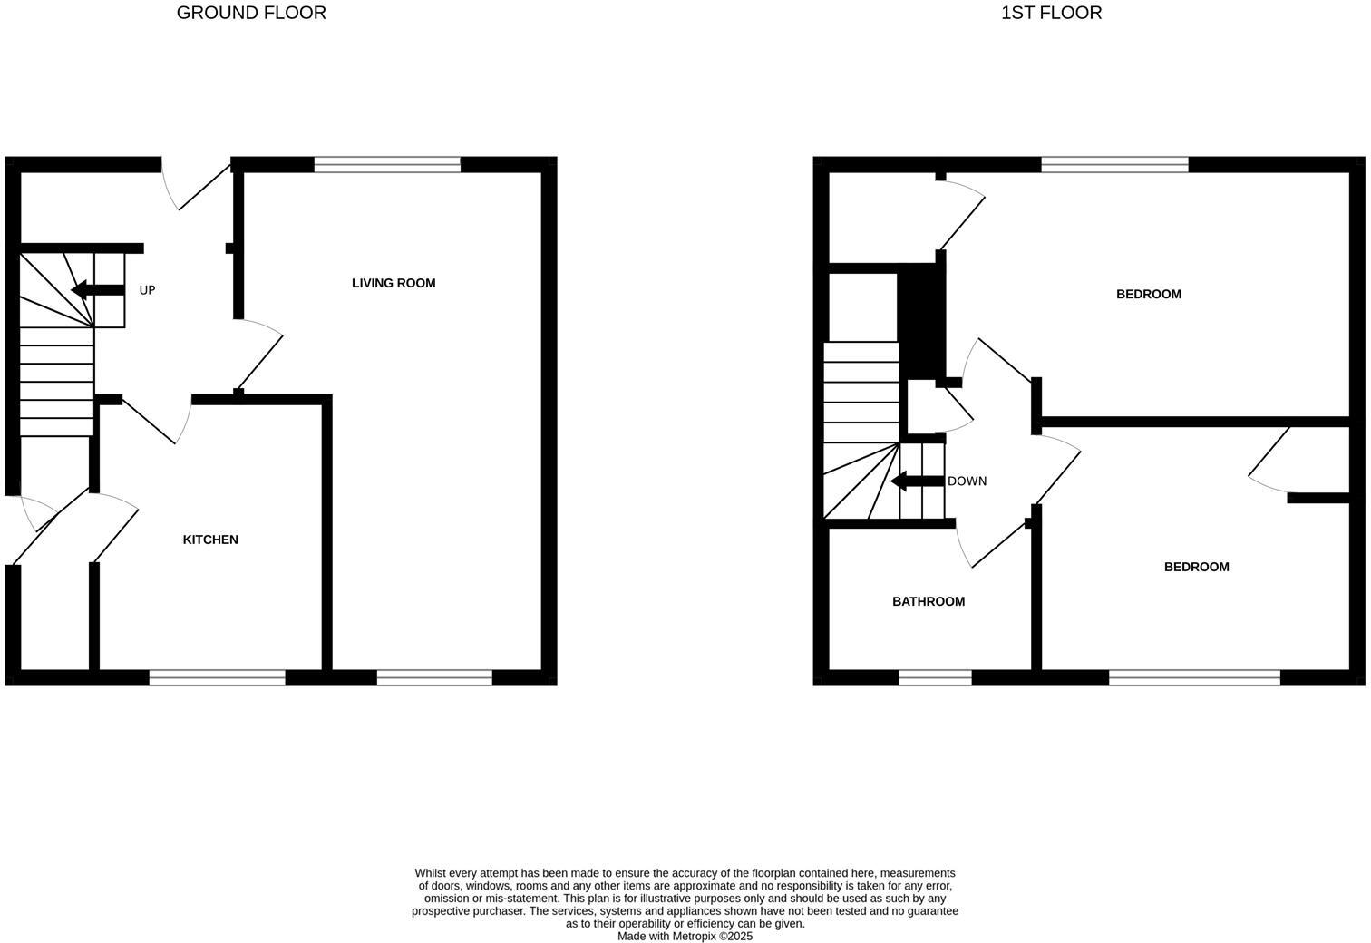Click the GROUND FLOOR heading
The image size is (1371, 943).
pyautogui.click(x=251, y=13)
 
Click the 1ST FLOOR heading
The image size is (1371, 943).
pyautogui.click(x=1051, y=13)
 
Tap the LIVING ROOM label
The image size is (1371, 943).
pyautogui.click(x=394, y=283)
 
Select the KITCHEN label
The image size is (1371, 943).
pyautogui.click(x=210, y=540)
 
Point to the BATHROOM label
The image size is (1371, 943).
pyautogui.click(x=929, y=601)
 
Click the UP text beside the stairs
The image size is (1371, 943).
pyautogui.click(x=147, y=290)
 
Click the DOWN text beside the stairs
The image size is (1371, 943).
pyautogui.click(x=967, y=481)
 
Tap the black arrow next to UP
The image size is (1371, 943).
pyautogui.click(x=97, y=290)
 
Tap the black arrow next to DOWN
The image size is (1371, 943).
pyautogui.click(x=917, y=481)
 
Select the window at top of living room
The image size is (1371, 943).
pyautogui.click(x=387, y=164)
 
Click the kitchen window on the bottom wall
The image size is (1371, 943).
pyautogui.click(x=217, y=677)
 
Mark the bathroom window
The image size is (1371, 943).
pyautogui.click(x=935, y=677)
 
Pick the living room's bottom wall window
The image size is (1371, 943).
pyautogui.click(x=434, y=677)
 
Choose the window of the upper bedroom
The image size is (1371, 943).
pyautogui.click(x=1114, y=164)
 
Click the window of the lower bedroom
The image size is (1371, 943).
pyautogui.click(x=1194, y=677)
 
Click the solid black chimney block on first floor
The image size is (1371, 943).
pyautogui.click(x=921, y=322)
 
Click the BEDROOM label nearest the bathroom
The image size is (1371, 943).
pyautogui.click(x=1196, y=567)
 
